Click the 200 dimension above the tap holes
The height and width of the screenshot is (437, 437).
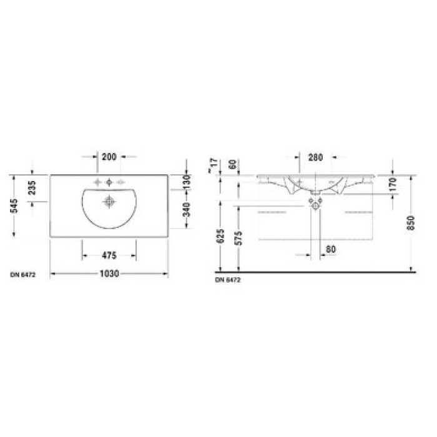pos(110,155)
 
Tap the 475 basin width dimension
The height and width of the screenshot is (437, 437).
pos(109,255)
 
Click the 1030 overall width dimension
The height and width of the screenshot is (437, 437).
pos(109,273)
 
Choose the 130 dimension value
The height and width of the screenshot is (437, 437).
pos(187,182)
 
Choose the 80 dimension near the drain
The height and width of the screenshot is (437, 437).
pos(331,249)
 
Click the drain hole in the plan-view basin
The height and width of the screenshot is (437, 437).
pos(110,201)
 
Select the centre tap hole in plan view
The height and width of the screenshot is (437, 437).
pos(110,182)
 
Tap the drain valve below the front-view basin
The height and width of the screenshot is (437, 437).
pos(316,203)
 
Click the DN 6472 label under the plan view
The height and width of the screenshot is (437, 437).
pos(22,274)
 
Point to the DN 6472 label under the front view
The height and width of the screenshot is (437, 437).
pos(228,280)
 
